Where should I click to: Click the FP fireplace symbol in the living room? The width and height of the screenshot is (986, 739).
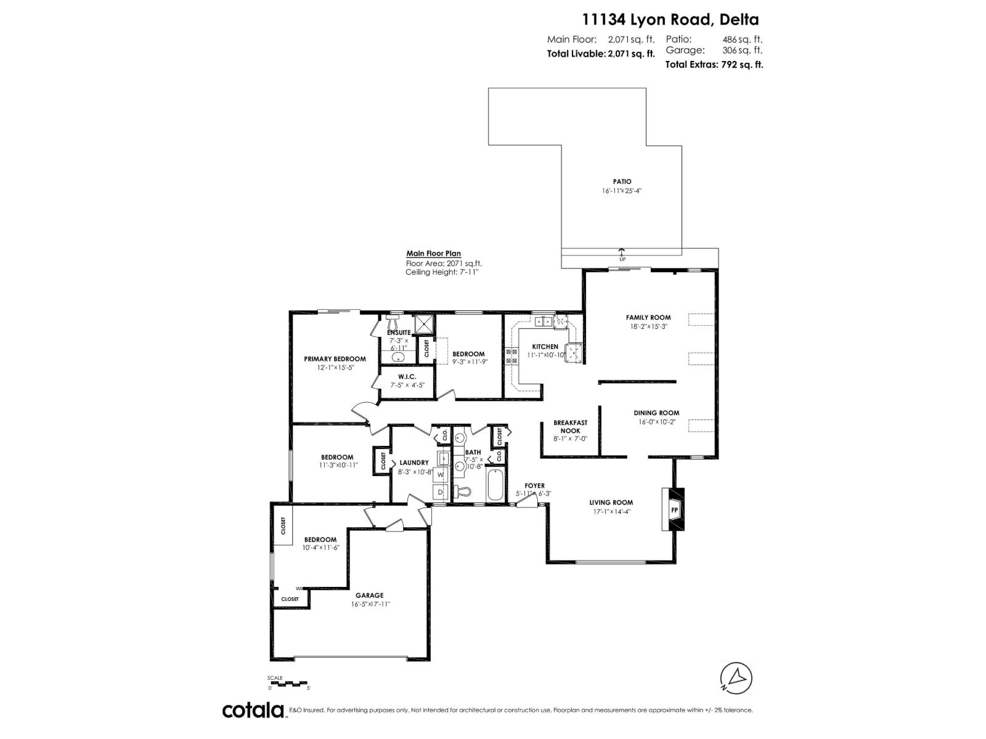click(674, 510)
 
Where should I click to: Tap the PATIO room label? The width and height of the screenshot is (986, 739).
click(622, 182)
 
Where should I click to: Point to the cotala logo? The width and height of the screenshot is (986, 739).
click(253, 710)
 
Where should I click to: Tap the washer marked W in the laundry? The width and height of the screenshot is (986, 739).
click(440, 475)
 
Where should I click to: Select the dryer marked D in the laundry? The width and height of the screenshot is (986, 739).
click(440, 493)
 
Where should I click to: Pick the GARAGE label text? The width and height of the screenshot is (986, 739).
click(369, 596)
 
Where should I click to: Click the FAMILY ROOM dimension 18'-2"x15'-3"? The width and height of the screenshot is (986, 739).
click(648, 326)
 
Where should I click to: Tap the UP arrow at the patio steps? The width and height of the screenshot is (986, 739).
click(621, 252)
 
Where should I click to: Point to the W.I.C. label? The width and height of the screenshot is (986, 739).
click(407, 376)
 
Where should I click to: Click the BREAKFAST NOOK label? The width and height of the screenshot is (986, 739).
click(570, 427)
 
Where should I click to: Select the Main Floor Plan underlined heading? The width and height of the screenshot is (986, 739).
click(433, 254)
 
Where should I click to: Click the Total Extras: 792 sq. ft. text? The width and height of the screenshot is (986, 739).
click(714, 64)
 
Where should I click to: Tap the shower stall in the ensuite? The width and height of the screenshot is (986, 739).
click(424, 325)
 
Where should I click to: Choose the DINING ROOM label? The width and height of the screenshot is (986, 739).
click(656, 413)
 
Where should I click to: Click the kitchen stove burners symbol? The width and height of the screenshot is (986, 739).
click(511, 355)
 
